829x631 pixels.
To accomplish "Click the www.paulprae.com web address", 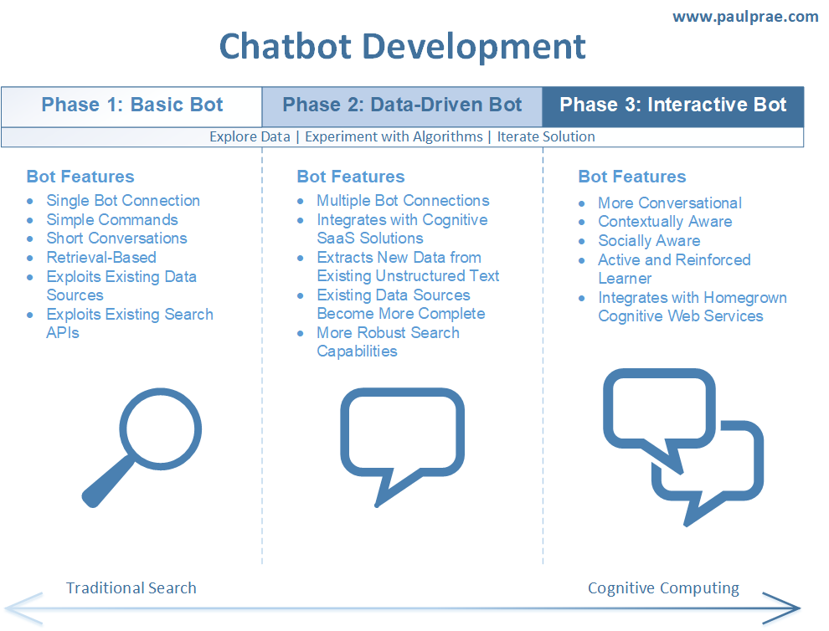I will click(744, 17).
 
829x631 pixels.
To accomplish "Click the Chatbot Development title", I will click(402, 46).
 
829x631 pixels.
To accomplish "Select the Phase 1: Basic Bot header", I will click(132, 105).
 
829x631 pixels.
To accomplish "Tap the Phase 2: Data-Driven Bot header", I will click(402, 105).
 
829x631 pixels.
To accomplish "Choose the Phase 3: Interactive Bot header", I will click(672, 105).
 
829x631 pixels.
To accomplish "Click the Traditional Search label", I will click(131, 587).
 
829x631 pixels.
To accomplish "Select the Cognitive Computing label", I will click(663, 587).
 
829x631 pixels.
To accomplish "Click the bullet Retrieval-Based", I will click(101, 258).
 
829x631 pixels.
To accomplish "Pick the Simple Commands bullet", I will click(112, 220).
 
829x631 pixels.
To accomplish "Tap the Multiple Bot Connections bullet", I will click(403, 201).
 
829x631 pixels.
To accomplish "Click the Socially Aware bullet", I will click(649, 241).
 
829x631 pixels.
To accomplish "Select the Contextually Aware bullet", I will click(665, 222).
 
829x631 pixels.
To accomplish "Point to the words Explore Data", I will click(250, 136).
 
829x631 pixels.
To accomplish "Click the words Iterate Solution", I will click(546, 136).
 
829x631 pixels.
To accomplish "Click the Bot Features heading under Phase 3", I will click(631, 177).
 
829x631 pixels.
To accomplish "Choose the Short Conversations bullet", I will click(116, 239).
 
